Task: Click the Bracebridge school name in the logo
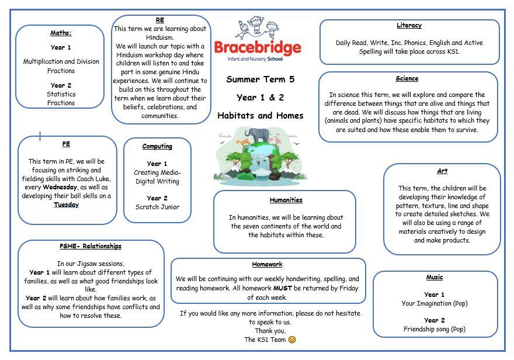(x=258, y=47)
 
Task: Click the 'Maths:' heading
(x=61, y=33)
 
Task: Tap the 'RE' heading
(x=160, y=20)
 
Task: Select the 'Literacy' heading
(x=409, y=26)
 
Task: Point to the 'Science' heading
(x=407, y=78)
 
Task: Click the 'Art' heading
(x=442, y=171)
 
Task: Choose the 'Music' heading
(x=434, y=278)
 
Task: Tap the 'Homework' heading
(x=268, y=264)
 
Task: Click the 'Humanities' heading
(x=286, y=200)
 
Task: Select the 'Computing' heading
(x=157, y=146)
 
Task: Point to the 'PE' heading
(x=66, y=144)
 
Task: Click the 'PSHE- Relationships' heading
(x=91, y=247)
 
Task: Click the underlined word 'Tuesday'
(x=66, y=205)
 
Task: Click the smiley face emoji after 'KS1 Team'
(x=292, y=340)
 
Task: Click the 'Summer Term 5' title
(x=261, y=79)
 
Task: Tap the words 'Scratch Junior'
(x=157, y=207)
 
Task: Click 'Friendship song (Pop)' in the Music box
(x=435, y=329)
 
